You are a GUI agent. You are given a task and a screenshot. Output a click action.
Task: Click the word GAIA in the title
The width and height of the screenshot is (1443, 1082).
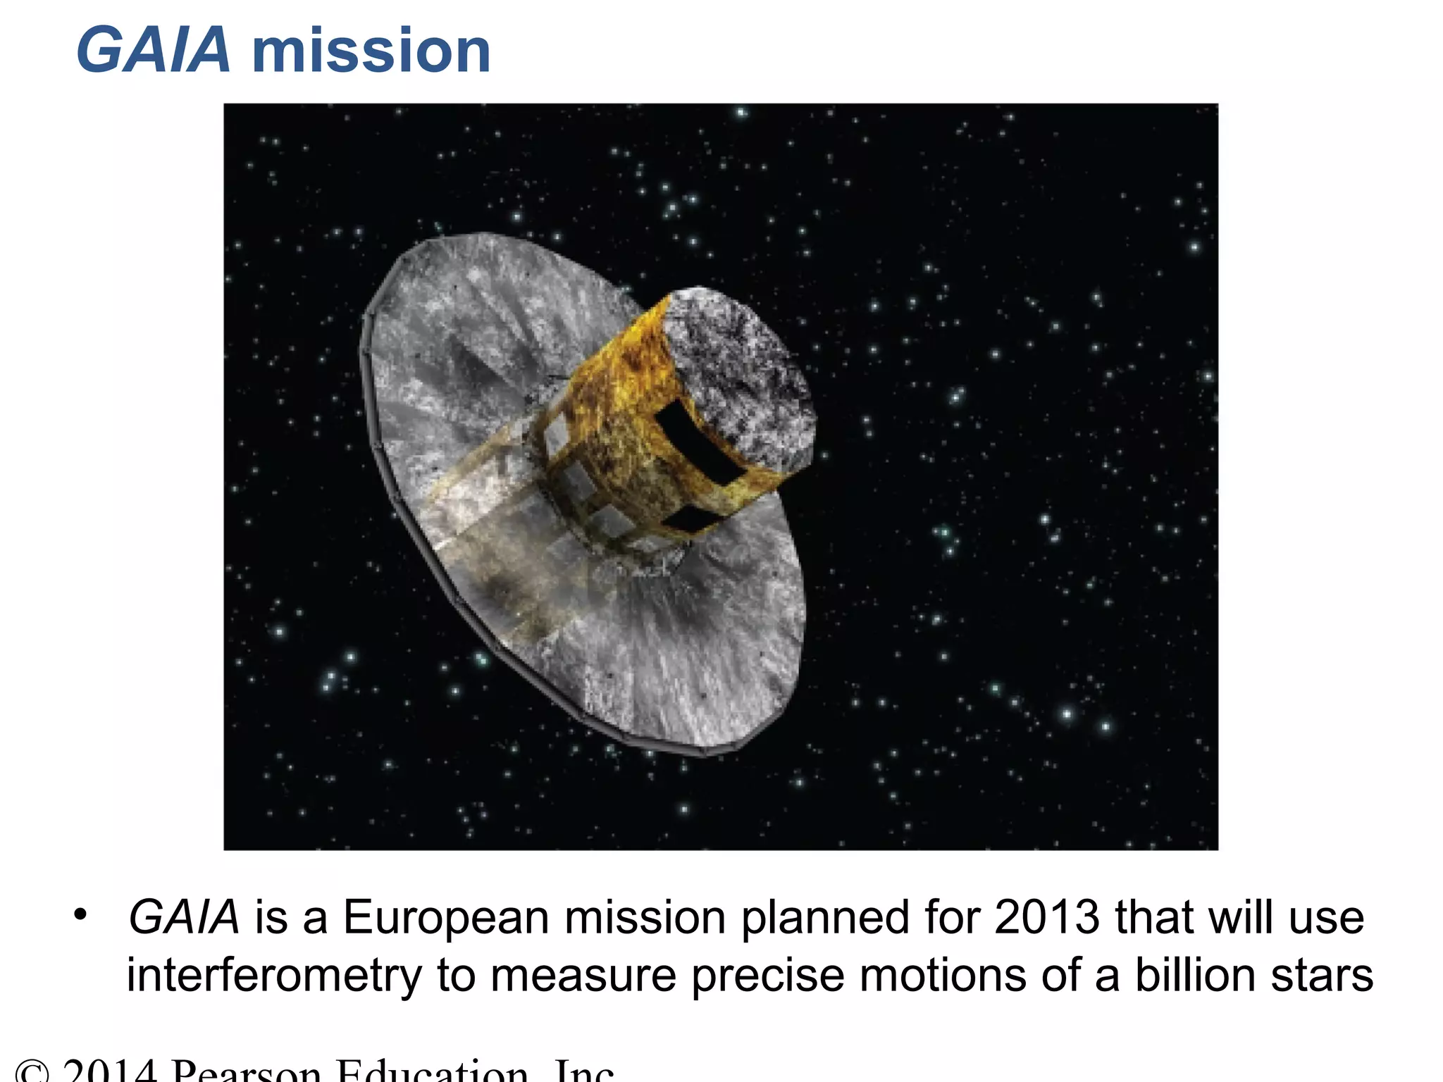[153, 51]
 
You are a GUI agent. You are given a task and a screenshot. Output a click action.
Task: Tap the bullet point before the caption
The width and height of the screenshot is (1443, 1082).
[81, 915]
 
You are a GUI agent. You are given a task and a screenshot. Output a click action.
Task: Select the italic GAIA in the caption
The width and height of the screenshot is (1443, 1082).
[184, 918]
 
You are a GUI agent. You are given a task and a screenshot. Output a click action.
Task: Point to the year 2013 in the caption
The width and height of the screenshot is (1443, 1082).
[1046, 918]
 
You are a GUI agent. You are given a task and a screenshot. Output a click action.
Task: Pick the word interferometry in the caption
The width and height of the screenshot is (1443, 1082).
[273, 976]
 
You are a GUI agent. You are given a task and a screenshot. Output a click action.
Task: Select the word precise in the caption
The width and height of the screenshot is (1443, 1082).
[767, 976]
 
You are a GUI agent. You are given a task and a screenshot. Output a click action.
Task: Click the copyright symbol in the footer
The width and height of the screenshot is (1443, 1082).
[32, 1072]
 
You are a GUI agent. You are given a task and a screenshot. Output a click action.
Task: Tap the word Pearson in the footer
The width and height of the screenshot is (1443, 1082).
[246, 1072]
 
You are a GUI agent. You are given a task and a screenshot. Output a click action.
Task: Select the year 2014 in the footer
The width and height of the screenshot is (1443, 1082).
[109, 1072]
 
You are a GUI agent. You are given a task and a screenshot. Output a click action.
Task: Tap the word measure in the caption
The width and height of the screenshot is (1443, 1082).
[583, 976]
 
